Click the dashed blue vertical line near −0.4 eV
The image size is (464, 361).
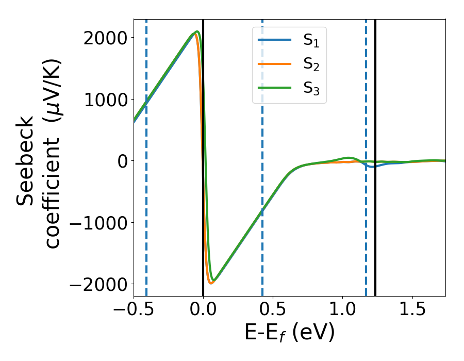tap(146, 206)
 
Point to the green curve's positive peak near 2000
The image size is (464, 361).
tap(197, 31)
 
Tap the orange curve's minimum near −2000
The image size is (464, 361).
tap(211, 283)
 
